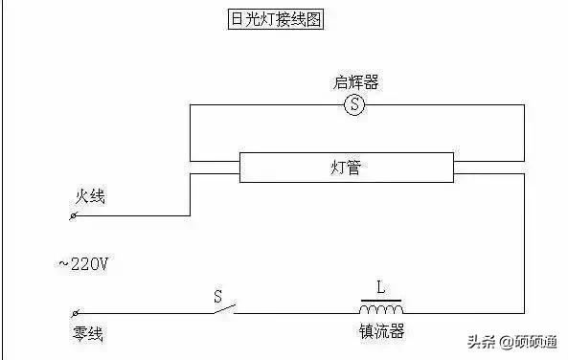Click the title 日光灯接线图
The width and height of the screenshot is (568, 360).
click(x=271, y=21)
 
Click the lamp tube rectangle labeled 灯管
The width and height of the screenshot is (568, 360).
click(x=346, y=168)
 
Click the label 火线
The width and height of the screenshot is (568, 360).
click(x=90, y=197)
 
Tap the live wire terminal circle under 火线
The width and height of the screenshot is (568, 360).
click(x=76, y=216)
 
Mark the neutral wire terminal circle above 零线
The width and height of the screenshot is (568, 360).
click(x=76, y=313)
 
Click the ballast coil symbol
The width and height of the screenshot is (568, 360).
click(x=381, y=307)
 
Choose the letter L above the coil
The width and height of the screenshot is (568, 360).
click(x=380, y=286)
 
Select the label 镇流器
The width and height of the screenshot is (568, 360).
click(x=380, y=331)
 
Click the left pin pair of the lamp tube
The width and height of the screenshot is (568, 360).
click(x=215, y=168)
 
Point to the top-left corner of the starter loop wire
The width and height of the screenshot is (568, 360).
click(x=191, y=104)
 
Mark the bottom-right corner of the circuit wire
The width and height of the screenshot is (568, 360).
click(x=524, y=312)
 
